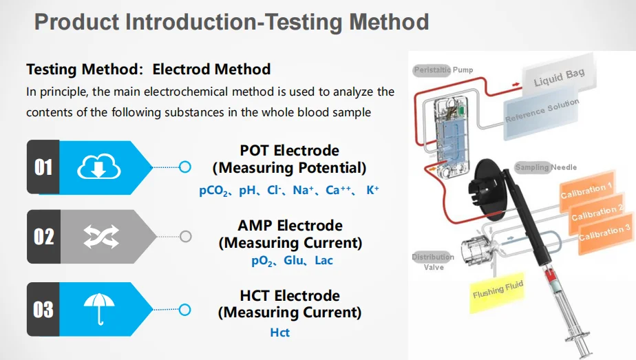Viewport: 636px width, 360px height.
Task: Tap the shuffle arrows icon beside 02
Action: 100,237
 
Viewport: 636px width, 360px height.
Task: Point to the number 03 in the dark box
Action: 43,309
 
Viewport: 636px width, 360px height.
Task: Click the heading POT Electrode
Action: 289,151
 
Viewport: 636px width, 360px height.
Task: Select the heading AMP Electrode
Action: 290,226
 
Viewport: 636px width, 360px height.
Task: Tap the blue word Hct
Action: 280,333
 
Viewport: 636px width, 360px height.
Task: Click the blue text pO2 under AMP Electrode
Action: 263,261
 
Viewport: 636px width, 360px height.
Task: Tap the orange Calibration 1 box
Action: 586,191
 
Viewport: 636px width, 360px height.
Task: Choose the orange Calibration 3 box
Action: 606,232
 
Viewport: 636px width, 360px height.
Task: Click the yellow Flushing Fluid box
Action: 498,289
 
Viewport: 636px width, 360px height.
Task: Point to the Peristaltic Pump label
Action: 443,70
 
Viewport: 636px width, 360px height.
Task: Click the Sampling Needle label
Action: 546,167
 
